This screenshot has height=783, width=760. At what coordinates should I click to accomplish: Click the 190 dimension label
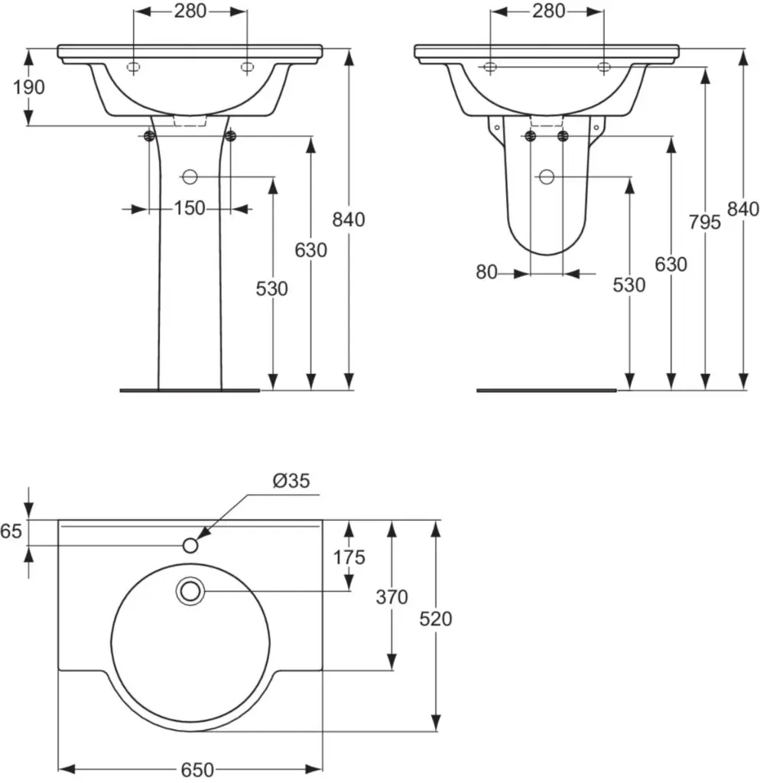click(x=29, y=87)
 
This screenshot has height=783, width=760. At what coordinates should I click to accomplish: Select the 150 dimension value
click(x=189, y=208)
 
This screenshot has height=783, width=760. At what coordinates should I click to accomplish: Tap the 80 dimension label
click(x=486, y=272)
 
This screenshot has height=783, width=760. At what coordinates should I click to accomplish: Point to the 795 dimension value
click(x=705, y=222)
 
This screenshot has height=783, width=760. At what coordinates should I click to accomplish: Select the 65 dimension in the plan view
click(x=11, y=531)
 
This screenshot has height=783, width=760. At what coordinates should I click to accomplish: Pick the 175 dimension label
click(x=349, y=557)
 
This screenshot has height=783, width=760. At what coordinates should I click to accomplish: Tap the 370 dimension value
click(x=392, y=596)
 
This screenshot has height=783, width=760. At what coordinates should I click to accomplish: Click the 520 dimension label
click(x=436, y=619)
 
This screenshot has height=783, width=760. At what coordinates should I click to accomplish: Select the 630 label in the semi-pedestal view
click(x=671, y=265)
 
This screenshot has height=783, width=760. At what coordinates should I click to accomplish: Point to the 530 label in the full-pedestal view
click(x=272, y=289)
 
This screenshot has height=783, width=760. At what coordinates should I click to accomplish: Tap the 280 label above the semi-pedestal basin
click(x=548, y=11)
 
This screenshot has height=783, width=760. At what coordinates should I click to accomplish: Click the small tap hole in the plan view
click(x=190, y=545)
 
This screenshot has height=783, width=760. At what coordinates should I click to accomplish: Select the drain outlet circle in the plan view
click(x=190, y=591)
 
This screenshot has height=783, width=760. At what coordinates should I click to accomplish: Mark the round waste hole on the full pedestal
click(x=190, y=177)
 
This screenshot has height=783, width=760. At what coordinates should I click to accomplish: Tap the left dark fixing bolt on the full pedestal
click(x=149, y=136)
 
